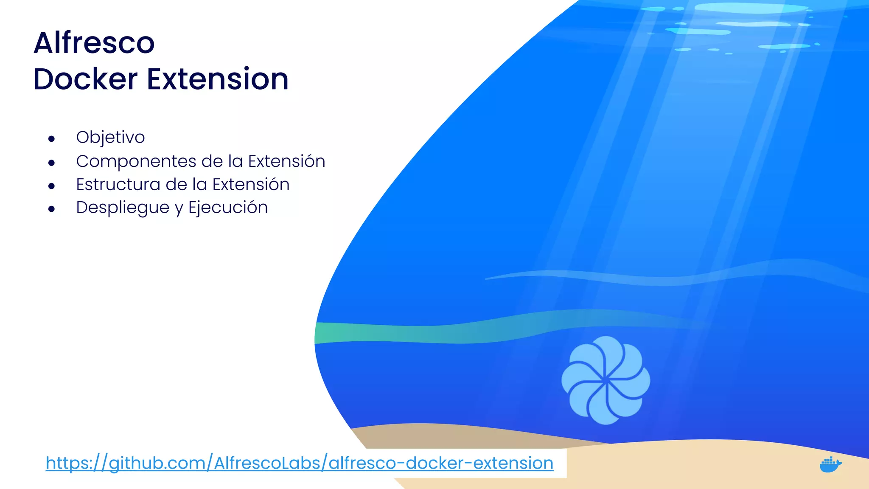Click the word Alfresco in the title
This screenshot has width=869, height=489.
click(x=94, y=43)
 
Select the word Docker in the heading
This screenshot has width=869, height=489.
click(x=85, y=79)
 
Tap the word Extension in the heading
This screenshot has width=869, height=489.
click(x=218, y=79)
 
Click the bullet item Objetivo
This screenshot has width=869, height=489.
click(x=110, y=138)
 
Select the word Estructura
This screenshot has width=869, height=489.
click(x=118, y=185)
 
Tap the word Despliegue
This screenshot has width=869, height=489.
click(x=123, y=208)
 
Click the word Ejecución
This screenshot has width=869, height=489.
click(x=228, y=208)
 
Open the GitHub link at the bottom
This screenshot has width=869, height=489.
click(x=299, y=463)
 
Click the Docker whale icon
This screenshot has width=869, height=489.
click(x=830, y=464)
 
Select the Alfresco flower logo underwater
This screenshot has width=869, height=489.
click(x=605, y=380)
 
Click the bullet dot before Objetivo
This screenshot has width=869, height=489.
click(x=52, y=139)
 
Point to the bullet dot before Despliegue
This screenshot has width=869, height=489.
click(x=52, y=209)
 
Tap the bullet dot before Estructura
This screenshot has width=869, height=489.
click(x=52, y=186)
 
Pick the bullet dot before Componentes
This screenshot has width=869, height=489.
click(x=52, y=163)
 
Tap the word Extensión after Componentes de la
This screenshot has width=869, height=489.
click(x=286, y=161)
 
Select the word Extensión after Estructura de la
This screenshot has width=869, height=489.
click(x=251, y=185)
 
